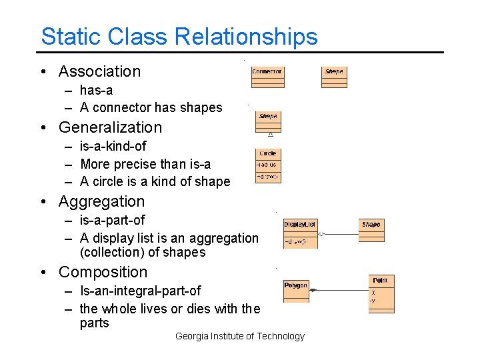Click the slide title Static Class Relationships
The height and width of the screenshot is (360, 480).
[x=179, y=36]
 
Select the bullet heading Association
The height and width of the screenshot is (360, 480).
[x=99, y=71]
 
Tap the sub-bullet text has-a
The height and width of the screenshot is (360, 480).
[x=96, y=90]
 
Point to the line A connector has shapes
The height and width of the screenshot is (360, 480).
[x=151, y=107]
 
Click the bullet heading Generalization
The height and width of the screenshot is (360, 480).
[x=110, y=127]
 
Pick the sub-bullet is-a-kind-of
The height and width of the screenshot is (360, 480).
[x=113, y=146]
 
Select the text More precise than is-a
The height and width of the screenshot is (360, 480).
[x=145, y=164]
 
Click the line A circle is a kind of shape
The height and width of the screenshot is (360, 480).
[x=155, y=181]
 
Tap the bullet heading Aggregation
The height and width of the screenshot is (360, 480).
[x=101, y=201]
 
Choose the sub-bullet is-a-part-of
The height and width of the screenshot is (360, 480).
[x=112, y=220]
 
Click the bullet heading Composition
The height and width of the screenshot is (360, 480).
[x=103, y=272]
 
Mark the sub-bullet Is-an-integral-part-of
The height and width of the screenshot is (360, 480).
[x=140, y=291]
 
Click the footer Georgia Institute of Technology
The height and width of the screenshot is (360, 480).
[x=239, y=336]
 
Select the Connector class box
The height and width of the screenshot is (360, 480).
[x=267, y=77]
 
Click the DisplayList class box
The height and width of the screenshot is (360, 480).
[x=300, y=233]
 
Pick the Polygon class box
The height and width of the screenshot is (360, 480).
[x=296, y=291]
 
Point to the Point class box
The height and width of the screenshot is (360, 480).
[x=380, y=294]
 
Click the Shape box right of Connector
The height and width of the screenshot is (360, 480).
[x=334, y=77]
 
